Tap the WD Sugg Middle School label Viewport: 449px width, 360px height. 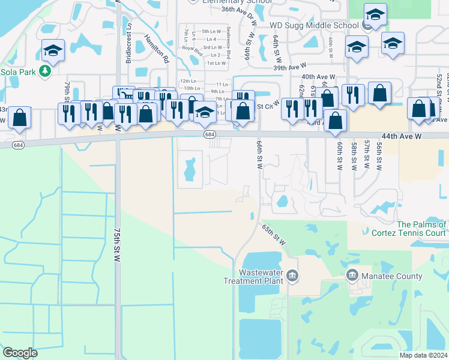pos(314,26)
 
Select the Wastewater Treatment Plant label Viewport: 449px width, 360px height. pos(253,277)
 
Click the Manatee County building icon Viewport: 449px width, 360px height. pos(352,276)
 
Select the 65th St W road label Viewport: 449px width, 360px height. pos(273,235)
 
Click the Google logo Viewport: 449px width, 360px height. pos(20,353)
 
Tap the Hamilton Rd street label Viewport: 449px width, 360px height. pos(157,48)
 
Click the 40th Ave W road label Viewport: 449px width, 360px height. pos(318,77)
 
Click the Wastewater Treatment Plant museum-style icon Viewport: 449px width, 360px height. pos(292,276)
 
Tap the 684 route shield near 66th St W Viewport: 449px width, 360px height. pos(209,134)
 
